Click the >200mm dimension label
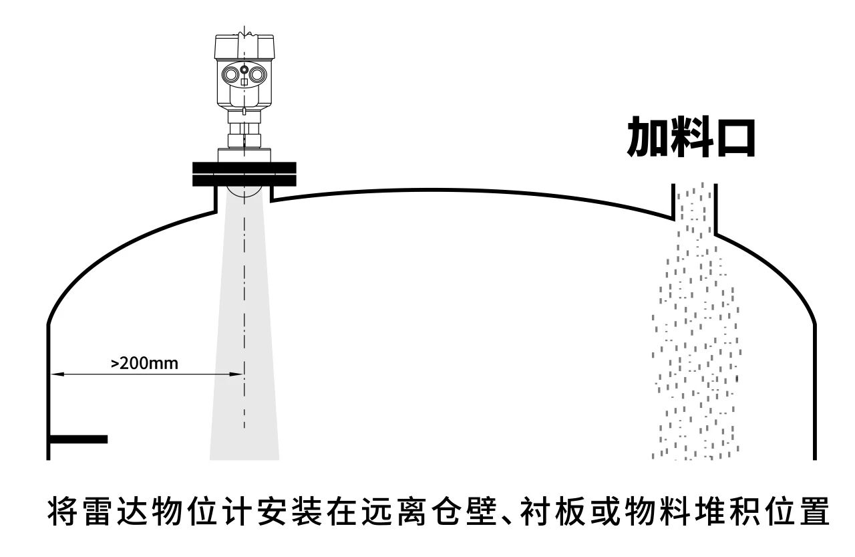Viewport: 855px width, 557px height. click(x=144, y=363)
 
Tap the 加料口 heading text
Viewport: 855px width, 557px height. click(x=691, y=137)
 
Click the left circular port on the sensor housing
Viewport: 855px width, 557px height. click(x=230, y=74)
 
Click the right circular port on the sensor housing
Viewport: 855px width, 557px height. click(x=258, y=74)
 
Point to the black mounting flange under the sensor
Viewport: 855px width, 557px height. click(x=244, y=175)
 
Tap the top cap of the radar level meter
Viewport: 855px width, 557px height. click(x=244, y=46)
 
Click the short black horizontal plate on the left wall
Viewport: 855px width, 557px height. click(x=78, y=439)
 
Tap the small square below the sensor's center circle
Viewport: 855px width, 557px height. click(x=244, y=82)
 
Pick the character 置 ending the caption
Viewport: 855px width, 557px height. click(x=815, y=511)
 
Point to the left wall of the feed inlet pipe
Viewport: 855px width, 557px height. click(x=673, y=202)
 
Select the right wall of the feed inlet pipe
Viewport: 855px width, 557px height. click(x=715, y=209)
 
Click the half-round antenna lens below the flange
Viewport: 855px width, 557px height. click(x=244, y=192)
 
